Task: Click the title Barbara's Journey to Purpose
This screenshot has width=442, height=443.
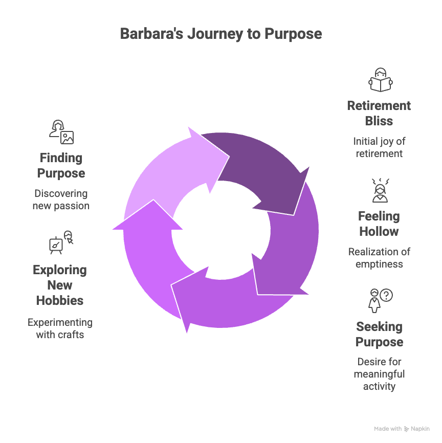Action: tap(221, 34)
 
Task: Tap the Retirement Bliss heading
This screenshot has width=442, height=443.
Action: tap(379, 114)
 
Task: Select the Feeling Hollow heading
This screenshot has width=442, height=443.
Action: tap(379, 224)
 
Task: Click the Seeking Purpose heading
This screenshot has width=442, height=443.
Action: tap(379, 335)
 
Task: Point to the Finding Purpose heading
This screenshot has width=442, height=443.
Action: tap(61, 166)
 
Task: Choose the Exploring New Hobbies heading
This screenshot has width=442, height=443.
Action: tap(60, 285)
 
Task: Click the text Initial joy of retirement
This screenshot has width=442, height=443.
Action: tap(379, 148)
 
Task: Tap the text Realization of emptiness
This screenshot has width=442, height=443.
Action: tap(379, 258)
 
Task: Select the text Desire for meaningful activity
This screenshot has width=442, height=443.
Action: tap(379, 374)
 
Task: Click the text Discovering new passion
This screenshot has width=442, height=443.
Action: tap(61, 200)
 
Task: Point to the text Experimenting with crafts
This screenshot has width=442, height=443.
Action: tap(60, 329)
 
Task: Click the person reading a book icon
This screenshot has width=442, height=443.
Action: tap(380, 80)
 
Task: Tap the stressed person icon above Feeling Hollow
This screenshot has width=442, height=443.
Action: tap(380, 190)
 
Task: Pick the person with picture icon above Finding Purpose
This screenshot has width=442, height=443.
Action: tap(61, 132)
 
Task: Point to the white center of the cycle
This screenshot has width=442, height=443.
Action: tap(221, 230)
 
